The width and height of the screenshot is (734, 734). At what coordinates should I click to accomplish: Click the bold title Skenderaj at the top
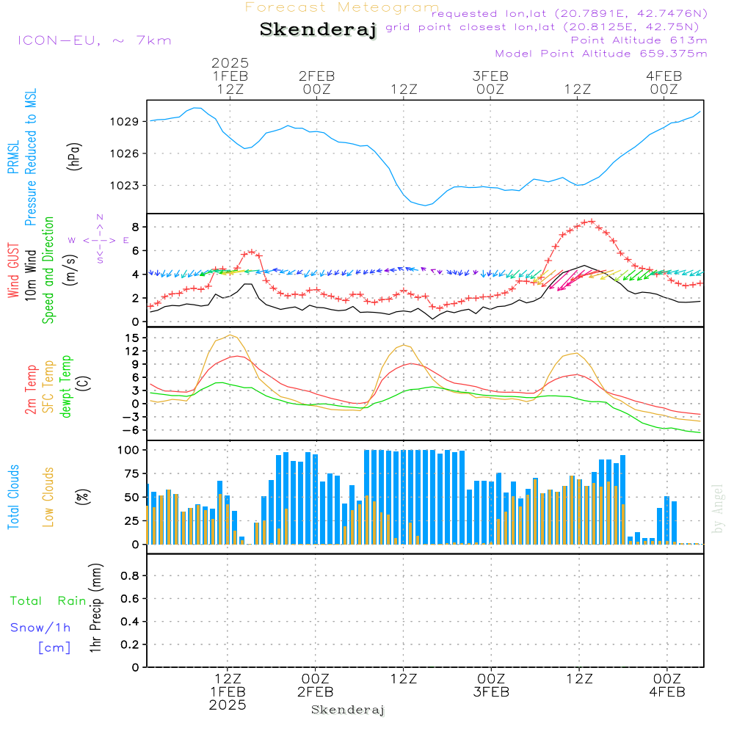tap(319, 29)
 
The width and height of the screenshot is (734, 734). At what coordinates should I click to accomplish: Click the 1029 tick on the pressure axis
tap(125, 122)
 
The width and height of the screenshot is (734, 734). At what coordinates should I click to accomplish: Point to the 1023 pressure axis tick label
tap(125, 186)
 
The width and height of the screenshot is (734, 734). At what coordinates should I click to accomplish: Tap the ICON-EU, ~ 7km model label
tap(95, 40)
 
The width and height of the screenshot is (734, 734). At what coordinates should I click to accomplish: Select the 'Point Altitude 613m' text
tap(639, 40)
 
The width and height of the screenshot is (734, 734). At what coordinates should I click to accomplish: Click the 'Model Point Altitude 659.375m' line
tap(601, 54)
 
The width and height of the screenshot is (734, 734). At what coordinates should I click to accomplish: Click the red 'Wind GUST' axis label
tap(13, 271)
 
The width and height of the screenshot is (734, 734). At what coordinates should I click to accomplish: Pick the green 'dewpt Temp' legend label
tap(65, 386)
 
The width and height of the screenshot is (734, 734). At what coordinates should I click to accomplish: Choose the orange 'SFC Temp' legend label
tap(48, 387)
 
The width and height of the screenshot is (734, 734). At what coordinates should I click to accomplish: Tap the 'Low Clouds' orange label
tap(48, 497)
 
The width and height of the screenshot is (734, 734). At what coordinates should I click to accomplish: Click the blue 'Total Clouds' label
tap(13, 497)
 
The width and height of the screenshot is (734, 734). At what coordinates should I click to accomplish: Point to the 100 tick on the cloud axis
tap(128, 451)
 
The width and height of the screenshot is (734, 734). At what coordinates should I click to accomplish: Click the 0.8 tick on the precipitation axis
tap(130, 575)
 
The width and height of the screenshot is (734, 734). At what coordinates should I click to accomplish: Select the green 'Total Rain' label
tap(48, 601)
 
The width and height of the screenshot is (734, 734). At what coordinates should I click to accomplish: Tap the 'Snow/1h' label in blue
tap(40, 628)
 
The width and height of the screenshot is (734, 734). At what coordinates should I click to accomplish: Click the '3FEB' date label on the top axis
tap(490, 76)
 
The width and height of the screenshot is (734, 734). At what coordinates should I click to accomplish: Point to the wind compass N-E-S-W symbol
tap(99, 240)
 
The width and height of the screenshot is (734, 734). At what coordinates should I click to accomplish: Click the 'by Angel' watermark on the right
tap(717, 509)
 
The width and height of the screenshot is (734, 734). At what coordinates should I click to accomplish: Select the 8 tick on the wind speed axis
tap(135, 228)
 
